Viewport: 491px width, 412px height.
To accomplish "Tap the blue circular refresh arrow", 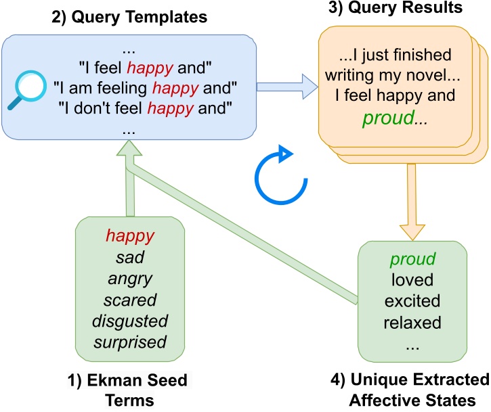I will [275, 174].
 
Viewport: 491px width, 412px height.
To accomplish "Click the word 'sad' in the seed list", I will [130, 257].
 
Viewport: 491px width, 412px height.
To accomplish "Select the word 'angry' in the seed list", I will [130, 278].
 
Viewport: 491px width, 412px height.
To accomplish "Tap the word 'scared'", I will [130, 299].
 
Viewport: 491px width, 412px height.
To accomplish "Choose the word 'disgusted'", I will [130, 320].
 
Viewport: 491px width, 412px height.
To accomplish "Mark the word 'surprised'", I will [130, 342].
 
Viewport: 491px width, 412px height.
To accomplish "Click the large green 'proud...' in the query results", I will [389, 120].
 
